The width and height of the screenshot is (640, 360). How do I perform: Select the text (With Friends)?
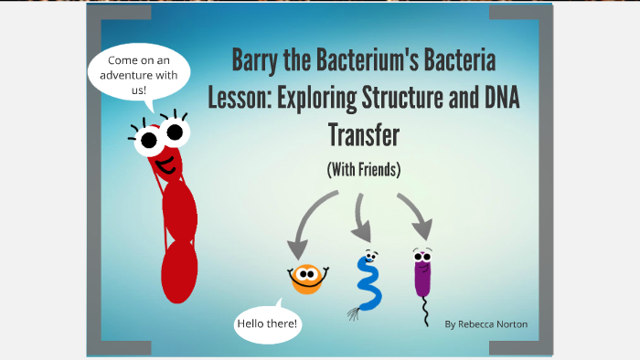(x=363, y=169)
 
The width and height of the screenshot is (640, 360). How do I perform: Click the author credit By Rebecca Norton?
(x=485, y=324)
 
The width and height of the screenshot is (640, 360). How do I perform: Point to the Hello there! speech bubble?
(x=267, y=323)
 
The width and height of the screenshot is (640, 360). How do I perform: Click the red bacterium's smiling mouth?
(x=165, y=167)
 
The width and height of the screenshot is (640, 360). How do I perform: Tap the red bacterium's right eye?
(x=174, y=134)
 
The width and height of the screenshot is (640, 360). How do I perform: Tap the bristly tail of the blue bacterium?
(x=354, y=314)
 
